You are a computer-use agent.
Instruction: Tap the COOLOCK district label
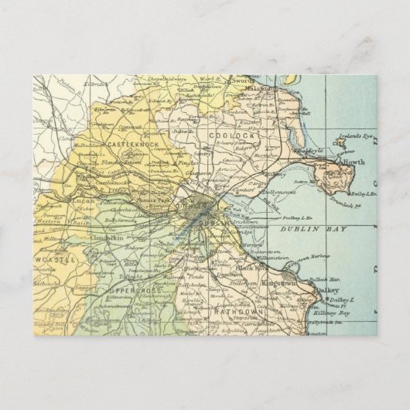[226, 135]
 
